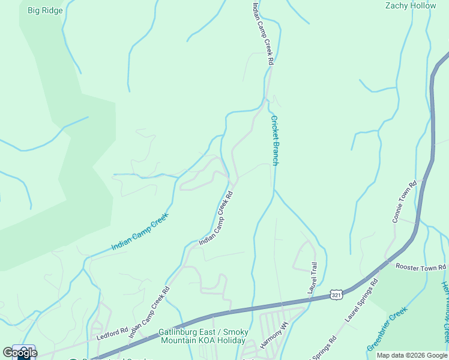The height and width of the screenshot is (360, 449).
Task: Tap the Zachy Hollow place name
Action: [410, 5]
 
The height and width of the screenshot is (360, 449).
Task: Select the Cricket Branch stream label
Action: [274, 140]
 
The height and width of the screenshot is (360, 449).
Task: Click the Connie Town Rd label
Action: [404, 202]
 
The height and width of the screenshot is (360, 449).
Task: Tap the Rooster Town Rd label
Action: [421, 267]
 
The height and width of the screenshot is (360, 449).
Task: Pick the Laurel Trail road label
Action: [312, 277]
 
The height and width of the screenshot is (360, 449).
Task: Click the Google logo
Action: [20, 352]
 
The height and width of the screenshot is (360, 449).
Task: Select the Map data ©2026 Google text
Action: [412, 355]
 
